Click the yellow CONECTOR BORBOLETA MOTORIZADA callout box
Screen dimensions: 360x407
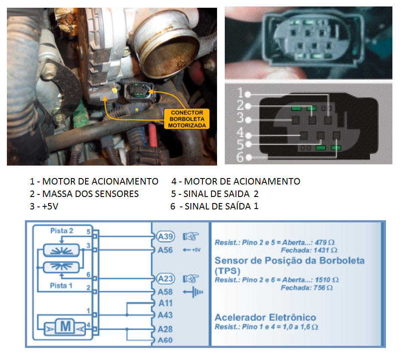click(x=186, y=119)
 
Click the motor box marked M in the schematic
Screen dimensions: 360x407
click(x=65, y=327)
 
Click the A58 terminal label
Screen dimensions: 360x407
click(x=165, y=292)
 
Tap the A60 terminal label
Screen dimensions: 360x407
click(x=165, y=341)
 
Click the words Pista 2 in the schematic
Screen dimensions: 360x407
click(x=61, y=231)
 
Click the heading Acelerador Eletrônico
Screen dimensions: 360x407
click(x=265, y=317)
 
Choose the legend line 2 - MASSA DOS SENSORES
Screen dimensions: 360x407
click(x=84, y=194)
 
